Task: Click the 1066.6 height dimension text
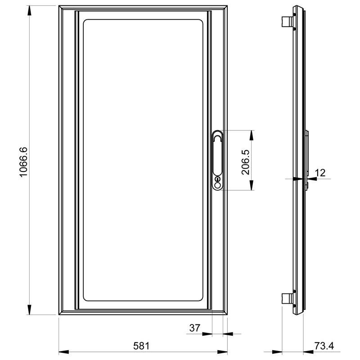[x=23, y=162]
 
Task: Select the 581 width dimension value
[x=141, y=346]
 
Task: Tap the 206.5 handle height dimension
[x=245, y=162]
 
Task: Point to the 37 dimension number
[x=195, y=328]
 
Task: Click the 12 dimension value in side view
[x=320, y=173]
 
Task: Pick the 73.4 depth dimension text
[x=324, y=346]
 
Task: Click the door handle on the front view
[x=217, y=160]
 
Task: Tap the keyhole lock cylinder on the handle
[x=217, y=179]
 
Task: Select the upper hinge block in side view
[x=287, y=21]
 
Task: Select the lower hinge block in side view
[x=287, y=299]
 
